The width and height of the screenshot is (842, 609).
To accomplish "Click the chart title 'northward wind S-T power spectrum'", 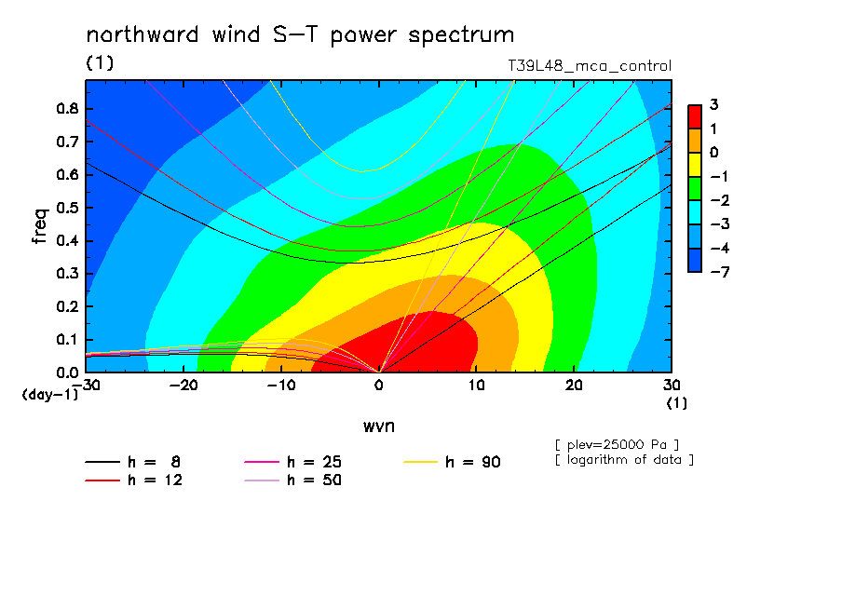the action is (300, 35).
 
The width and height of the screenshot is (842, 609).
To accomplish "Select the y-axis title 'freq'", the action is (40, 226).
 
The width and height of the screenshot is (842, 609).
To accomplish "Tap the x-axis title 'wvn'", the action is (379, 426).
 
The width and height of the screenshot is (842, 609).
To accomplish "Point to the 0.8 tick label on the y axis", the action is (68, 108).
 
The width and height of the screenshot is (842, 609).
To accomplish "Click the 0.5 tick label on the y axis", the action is (68, 208).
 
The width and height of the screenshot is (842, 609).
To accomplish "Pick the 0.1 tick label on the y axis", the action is (68, 340).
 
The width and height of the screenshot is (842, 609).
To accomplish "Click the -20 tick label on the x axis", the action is (183, 386).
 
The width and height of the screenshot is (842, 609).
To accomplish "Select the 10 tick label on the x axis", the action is (476, 386).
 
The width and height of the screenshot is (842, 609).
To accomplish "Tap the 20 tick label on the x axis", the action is (574, 386).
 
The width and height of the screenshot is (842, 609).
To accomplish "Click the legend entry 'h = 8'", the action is (133, 462).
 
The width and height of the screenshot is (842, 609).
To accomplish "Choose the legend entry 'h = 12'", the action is (134, 480).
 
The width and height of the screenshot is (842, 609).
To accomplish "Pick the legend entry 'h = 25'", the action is (292, 462).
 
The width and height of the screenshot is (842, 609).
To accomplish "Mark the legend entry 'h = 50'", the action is (292, 480).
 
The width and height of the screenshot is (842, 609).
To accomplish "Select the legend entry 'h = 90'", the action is (452, 462).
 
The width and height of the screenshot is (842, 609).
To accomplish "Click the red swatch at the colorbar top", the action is (695, 117).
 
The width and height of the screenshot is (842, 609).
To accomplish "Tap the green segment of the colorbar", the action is (695, 188).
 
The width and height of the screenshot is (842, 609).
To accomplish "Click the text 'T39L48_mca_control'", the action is (590, 66).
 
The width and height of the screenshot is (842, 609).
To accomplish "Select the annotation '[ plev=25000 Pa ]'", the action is (617, 445).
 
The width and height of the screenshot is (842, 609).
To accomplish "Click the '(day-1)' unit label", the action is (50, 395).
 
